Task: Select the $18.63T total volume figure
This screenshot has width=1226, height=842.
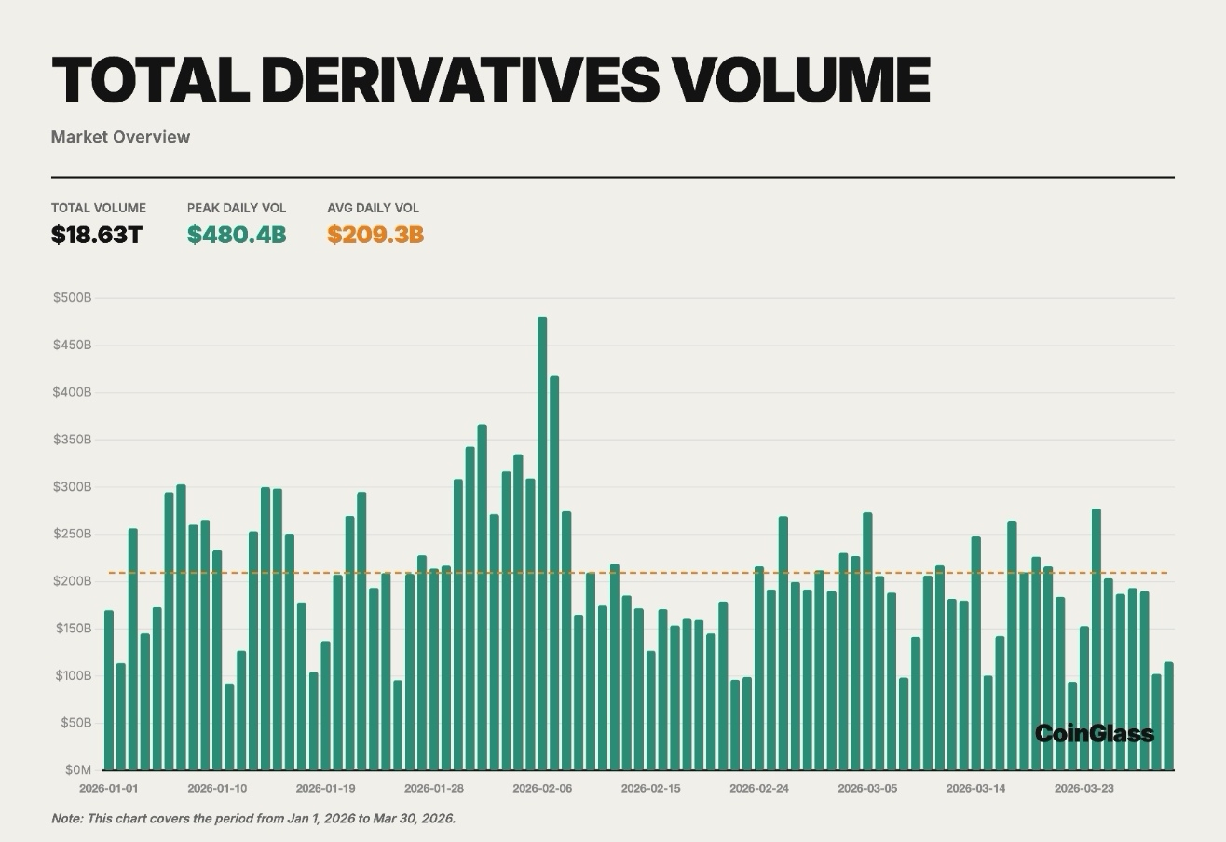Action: pos(96,235)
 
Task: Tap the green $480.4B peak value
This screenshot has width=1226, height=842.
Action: pos(237,235)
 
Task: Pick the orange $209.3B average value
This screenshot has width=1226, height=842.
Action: pos(375,235)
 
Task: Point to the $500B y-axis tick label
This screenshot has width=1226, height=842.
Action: pos(72,298)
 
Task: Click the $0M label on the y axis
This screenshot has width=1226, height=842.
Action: pos(78,770)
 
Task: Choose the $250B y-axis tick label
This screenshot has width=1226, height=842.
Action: pos(72,534)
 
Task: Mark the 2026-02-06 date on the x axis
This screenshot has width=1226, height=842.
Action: pos(542,789)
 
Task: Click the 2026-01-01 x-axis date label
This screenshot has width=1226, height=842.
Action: pos(108,789)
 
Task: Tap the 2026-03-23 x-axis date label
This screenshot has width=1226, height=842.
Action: pos(1083,789)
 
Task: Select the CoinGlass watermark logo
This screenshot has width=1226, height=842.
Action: pos(1094,734)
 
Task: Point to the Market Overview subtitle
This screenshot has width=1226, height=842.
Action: pos(120,137)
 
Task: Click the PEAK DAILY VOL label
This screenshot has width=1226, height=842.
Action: pos(237,208)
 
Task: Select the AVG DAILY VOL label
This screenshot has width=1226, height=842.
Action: pos(373,208)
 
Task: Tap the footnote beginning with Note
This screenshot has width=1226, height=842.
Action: pos(253,819)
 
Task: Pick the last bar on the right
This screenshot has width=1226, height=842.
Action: pos(1168,716)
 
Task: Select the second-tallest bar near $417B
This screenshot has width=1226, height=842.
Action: pos(554,573)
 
